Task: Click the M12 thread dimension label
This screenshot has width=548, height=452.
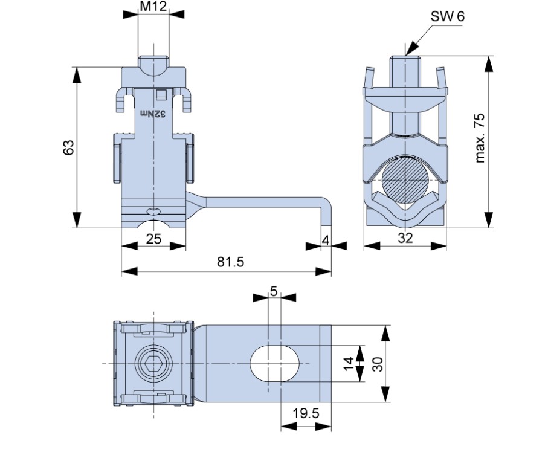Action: tap(153, 6)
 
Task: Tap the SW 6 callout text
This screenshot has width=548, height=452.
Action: tap(448, 16)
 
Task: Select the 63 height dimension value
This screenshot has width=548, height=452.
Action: tap(68, 147)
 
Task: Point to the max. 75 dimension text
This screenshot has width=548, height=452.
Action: tap(480, 138)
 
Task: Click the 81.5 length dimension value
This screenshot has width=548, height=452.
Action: tap(230, 262)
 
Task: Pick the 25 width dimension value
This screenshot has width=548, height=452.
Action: tap(153, 239)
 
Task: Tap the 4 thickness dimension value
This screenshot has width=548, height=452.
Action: tap(326, 240)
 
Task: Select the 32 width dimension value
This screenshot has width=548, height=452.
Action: tap(405, 237)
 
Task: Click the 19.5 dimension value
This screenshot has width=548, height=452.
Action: tap(306, 413)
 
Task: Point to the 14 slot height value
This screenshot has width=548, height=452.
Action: tap(349, 364)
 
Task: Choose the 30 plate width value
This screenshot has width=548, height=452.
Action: tap(378, 364)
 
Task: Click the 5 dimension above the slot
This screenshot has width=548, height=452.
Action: tap(274, 291)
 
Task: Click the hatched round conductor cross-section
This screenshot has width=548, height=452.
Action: tap(405, 179)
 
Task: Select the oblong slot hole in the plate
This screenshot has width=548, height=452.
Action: tap(275, 364)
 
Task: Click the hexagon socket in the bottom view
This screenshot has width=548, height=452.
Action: tap(153, 364)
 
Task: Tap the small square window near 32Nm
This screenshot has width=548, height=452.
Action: tap(161, 95)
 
